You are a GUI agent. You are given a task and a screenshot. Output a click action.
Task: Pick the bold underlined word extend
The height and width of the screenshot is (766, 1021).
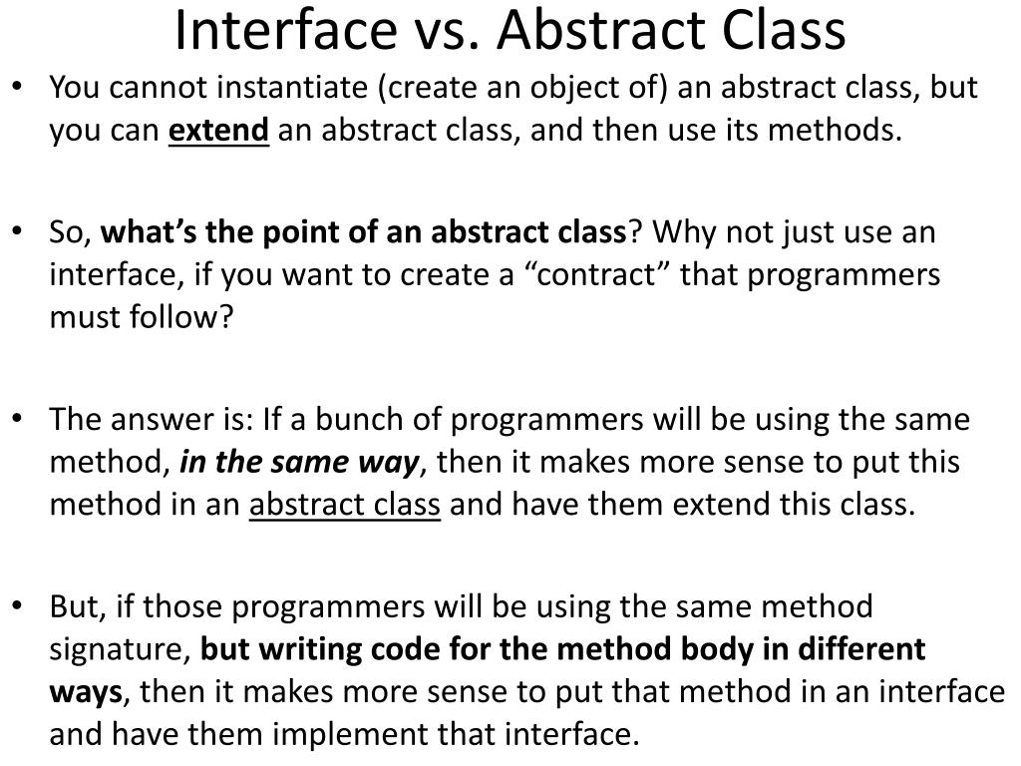(x=218, y=131)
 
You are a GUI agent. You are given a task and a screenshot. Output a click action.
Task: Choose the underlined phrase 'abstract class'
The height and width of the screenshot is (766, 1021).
(x=344, y=505)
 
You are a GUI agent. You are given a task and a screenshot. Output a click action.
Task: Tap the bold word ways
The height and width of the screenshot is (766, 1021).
(x=86, y=691)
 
